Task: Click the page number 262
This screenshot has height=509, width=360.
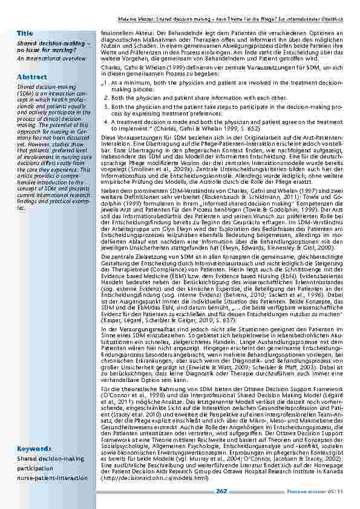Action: [221, 491]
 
